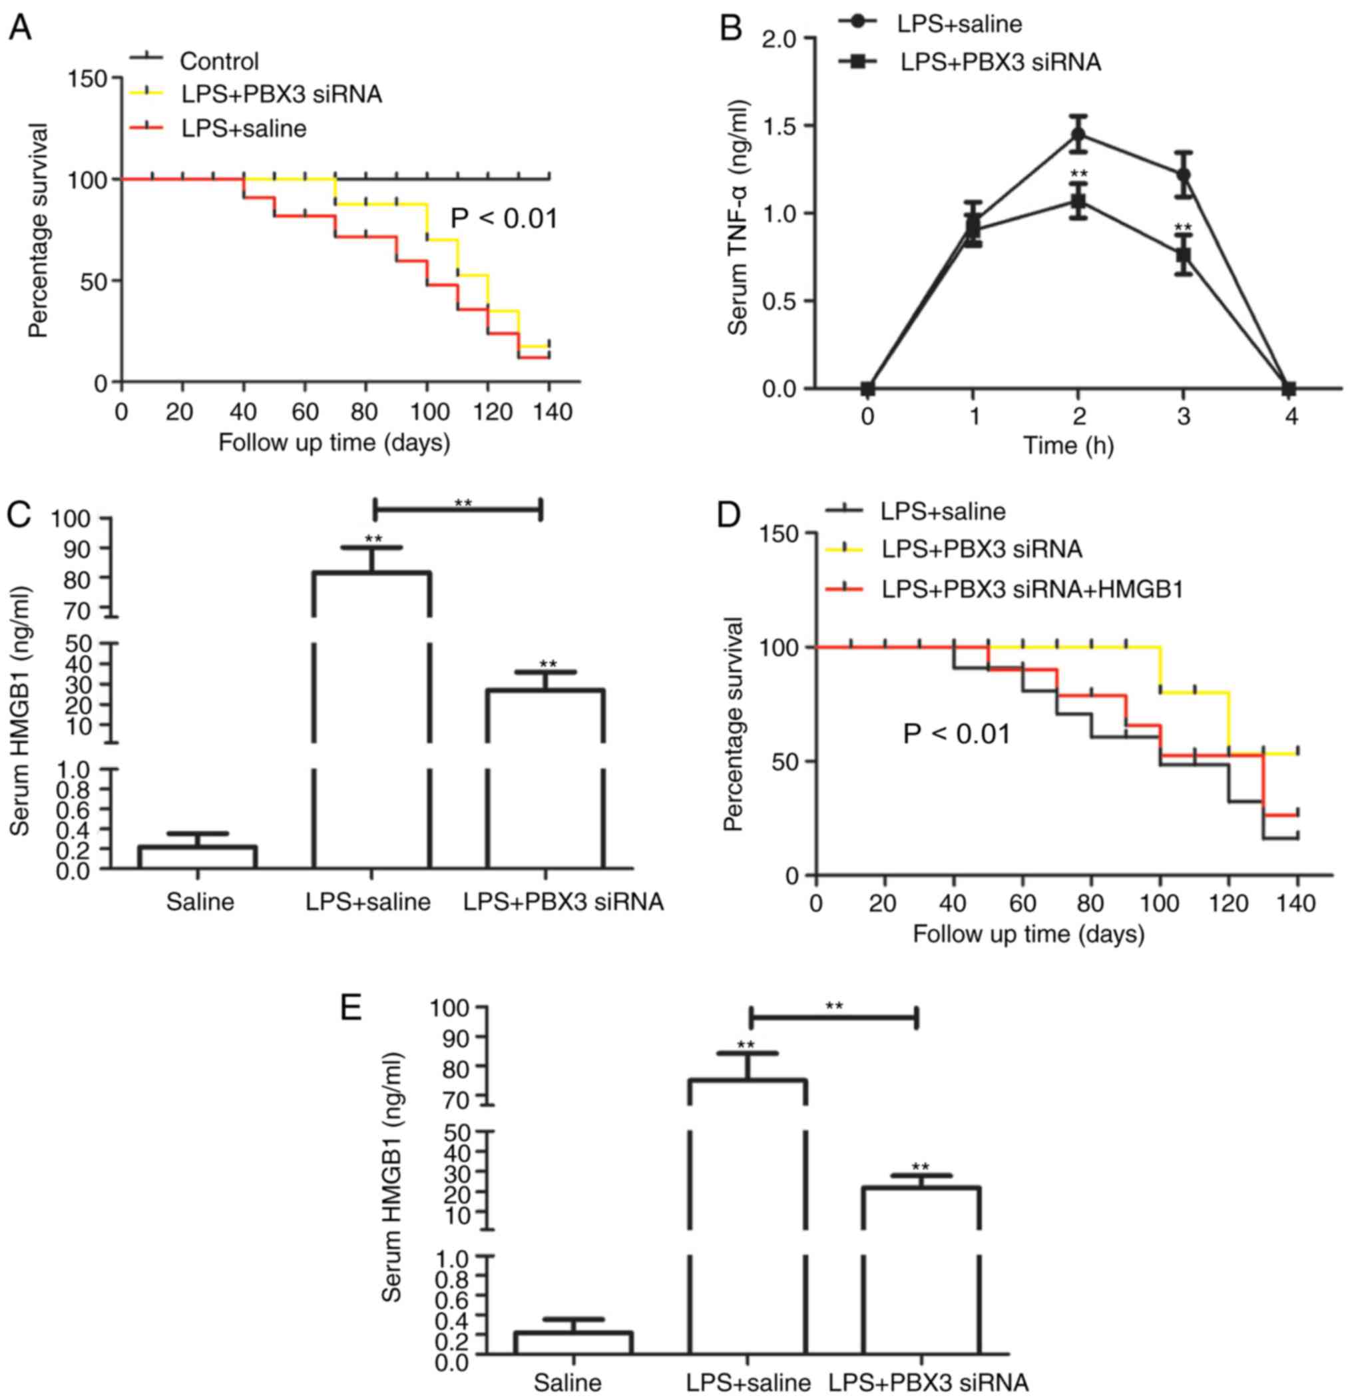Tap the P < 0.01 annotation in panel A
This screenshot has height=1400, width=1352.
tap(503, 218)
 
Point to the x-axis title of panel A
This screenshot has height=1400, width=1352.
tap(334, 443)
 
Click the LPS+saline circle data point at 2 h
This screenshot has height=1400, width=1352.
tap(1078, 134)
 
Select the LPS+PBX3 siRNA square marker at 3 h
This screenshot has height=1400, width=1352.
tap(1184, 254)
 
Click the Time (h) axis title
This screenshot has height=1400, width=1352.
tap(1068, 446)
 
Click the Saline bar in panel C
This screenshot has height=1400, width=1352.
tap(198, 857)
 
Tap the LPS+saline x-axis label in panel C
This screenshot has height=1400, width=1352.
tap(367, 902)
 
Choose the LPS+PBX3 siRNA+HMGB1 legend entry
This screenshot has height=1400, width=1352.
tap(1032, 589)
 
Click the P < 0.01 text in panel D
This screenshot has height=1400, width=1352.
tap(957, 733)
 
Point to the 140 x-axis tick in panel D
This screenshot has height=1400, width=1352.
tap(1295, 904)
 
